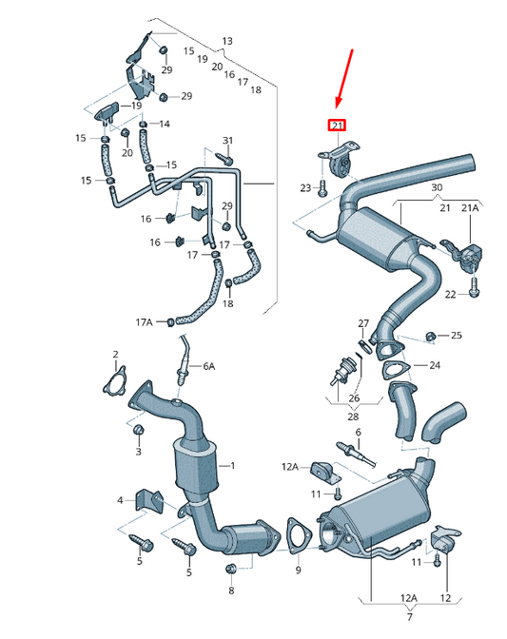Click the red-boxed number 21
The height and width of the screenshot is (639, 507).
pos(338,125)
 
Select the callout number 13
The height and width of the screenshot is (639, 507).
pos(227,41)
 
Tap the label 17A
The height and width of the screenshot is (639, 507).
pos(143,322)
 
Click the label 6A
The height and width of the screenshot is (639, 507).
pos(208,366)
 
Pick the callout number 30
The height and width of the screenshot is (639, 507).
pos(436,187)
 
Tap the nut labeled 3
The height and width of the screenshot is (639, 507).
pos(137,433)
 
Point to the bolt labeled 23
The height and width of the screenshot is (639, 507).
pos(322,189)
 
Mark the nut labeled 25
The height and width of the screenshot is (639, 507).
pos(430,336)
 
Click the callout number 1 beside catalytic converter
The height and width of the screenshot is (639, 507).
pos(231,466)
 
